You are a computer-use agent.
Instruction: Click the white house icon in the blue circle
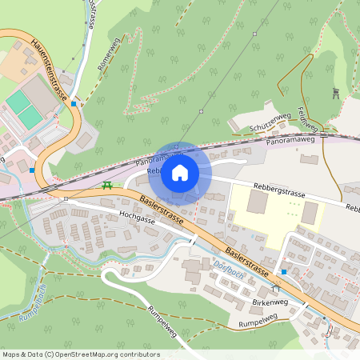click(180, 172)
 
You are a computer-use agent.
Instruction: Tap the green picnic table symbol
click(106, 186)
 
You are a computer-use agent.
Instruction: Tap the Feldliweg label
click(308, 119)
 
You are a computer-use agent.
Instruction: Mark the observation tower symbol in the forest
click(336, 93)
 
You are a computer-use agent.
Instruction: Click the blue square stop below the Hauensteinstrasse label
click(74, 103)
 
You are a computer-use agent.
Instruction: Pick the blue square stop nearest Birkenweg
click(283, 272)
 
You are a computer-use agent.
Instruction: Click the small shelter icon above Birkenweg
click(276, 287)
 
